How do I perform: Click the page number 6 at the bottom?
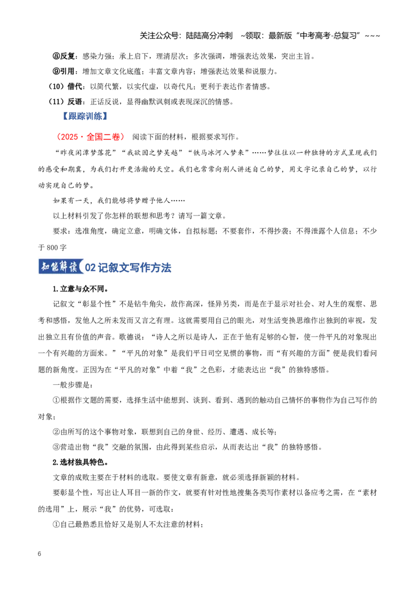click(40, 554)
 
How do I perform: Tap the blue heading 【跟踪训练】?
click(85, 116)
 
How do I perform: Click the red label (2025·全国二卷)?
click(90, 136)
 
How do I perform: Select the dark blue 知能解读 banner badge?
click(61, 267)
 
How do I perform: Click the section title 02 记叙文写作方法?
click(128, 268)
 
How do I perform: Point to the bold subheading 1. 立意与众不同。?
click(81, 289)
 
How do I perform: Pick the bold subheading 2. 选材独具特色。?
click(81, 462)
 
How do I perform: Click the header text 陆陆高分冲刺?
click(210, 36)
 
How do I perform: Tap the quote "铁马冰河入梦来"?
click(221, 153)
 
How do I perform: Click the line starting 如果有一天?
click(119, 200)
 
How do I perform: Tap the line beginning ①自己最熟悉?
click(128, 525)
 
